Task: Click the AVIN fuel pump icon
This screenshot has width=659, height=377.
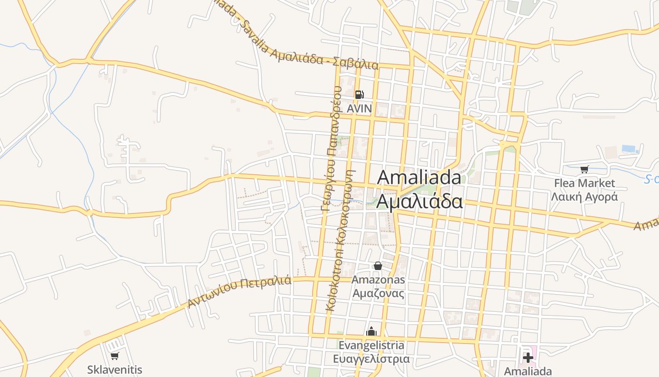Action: click(359, 95)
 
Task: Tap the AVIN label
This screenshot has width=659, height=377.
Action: click(359, 109)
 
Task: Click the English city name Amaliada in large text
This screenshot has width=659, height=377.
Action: click(419, 178)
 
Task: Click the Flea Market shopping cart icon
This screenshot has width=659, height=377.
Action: click(584, 169)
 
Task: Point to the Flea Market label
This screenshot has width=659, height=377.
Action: click(584, 183)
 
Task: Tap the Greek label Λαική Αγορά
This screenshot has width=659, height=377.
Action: click(584, 197)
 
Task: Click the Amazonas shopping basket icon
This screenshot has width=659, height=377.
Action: click(378, 266)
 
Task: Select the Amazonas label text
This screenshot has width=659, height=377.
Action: click(378, 280)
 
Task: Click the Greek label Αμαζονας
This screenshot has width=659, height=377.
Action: click(378, 293)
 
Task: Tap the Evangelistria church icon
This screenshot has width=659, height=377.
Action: click(371, 331)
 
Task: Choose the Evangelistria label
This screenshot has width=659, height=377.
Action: click(371, 345)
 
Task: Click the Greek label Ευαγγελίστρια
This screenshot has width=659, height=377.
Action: click(371, 359)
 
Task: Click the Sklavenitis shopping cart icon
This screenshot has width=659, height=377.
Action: click(114, 356)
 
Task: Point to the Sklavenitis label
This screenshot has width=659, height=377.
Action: click(114, 369)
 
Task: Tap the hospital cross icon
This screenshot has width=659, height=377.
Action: click(528, 358)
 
